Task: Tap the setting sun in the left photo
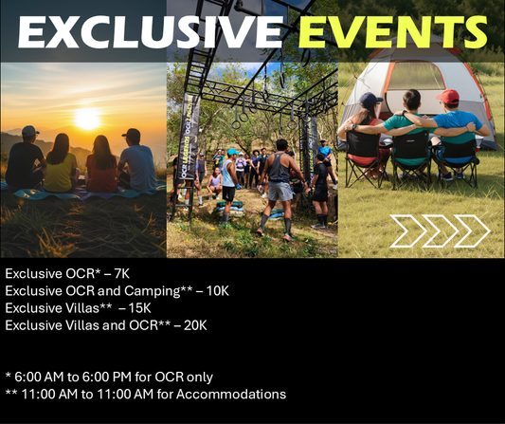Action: pyautogui.click(x=87, y=119)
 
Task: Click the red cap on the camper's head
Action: pyautogui.click(x=450, y=96)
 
